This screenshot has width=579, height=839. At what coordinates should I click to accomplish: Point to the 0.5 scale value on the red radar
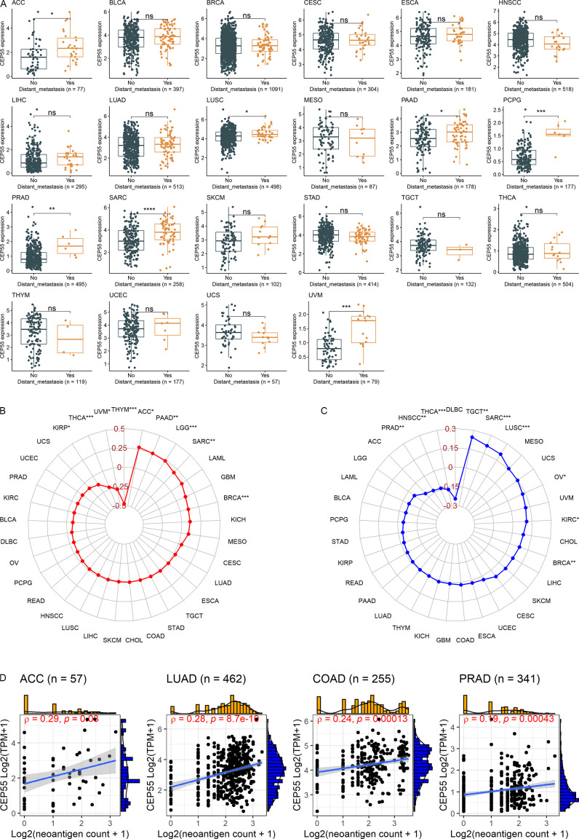(119, 429)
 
